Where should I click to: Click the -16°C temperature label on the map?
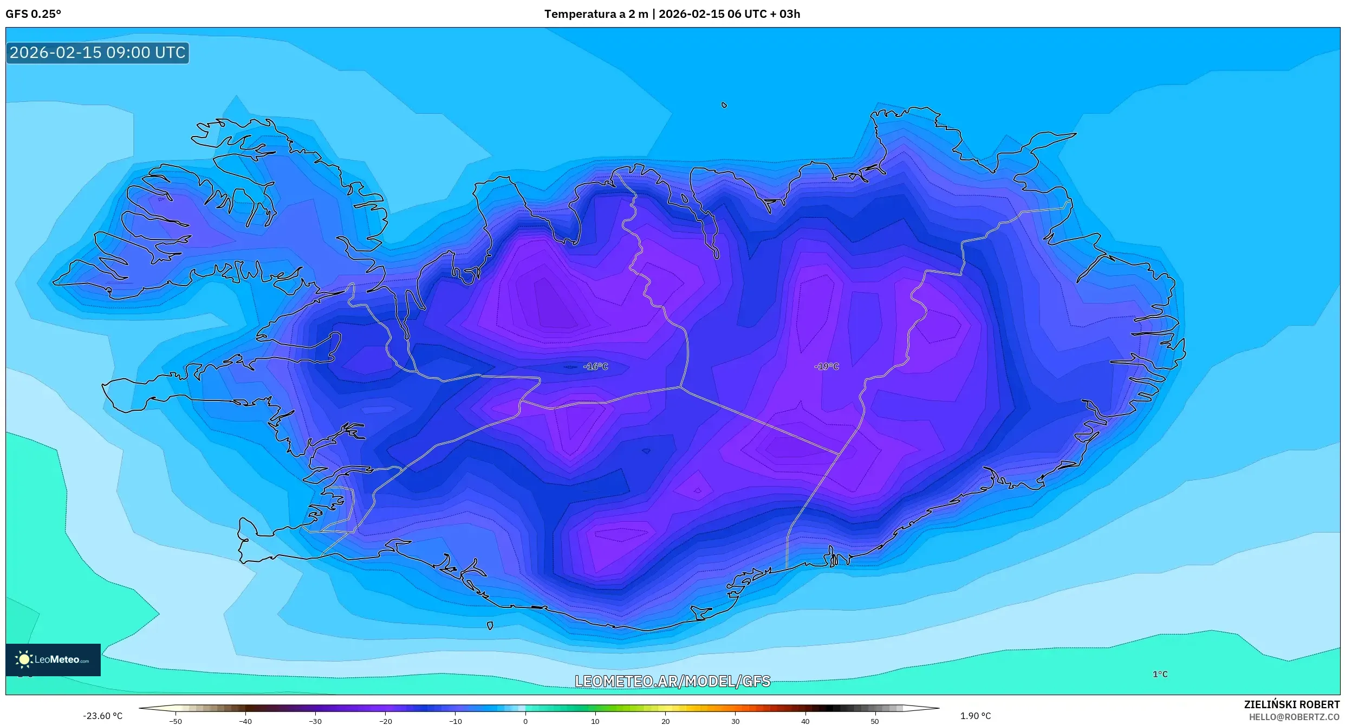[595, 367]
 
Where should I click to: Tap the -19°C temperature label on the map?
[826, 367]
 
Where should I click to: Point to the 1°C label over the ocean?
[1160, 674]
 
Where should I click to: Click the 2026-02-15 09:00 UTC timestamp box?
[98, 53]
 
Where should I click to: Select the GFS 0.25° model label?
[34, 14]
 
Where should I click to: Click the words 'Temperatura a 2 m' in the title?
[596, 14]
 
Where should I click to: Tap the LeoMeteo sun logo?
[24, 659]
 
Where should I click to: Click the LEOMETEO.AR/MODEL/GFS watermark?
[672, 681]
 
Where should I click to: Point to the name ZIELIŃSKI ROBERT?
[1291, 704]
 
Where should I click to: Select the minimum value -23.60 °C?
[103, 716]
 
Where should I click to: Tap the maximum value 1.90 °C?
[975, 716]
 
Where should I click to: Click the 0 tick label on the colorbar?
[525, 721]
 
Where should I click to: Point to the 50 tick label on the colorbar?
[875, 721]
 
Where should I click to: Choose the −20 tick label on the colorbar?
[385, 721]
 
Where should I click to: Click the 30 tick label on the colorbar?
[735, 721]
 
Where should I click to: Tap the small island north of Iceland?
[724, 105]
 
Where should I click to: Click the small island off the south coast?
[490, 626]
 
